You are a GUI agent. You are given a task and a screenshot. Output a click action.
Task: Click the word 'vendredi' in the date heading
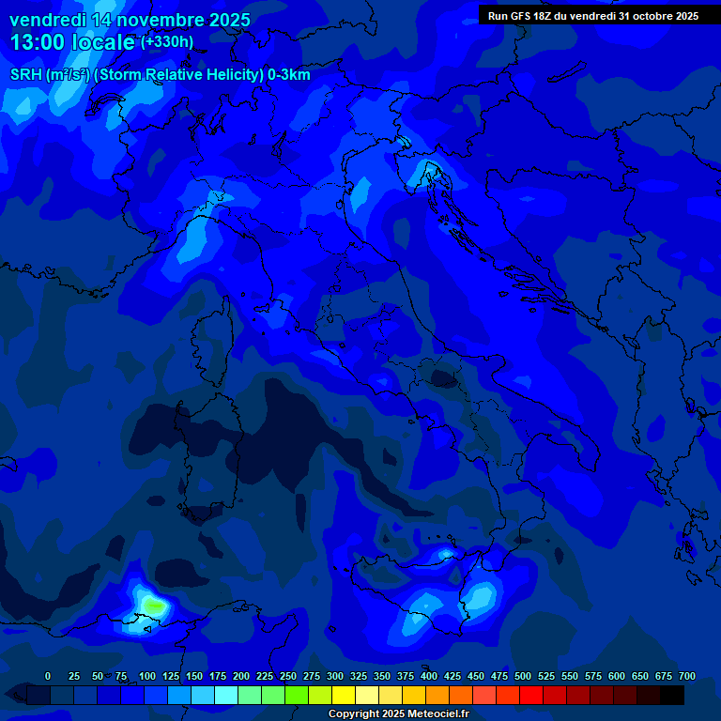pos(47,20)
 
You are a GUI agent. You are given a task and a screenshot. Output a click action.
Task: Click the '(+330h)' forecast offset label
pos(167,42)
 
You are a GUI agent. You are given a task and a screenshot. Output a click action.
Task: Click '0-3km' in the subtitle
pos(288,75)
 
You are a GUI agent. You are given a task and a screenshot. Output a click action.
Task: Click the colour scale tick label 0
pos(48,676)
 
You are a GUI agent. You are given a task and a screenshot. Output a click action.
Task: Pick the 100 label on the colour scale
pos(146,676)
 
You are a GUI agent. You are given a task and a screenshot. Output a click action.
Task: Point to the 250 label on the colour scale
pos(288,676)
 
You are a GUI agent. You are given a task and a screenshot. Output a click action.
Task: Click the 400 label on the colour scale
pos(429,676)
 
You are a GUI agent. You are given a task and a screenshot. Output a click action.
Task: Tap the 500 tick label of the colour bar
pos(523,676)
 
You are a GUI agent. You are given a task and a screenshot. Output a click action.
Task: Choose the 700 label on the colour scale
pos(687,676)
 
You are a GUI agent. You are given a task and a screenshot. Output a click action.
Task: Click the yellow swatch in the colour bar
pos(344,695)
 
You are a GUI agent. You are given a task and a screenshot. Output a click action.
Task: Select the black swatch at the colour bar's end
pos(672,695)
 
